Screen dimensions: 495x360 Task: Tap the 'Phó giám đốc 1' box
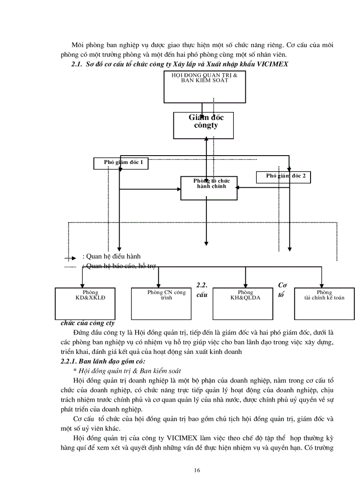coord(120,163)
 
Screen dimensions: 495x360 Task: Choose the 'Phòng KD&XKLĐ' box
coord(85,303)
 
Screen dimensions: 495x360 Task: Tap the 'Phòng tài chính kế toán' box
coord(324,303)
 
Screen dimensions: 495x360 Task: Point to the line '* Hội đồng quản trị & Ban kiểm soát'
coord(127,371)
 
